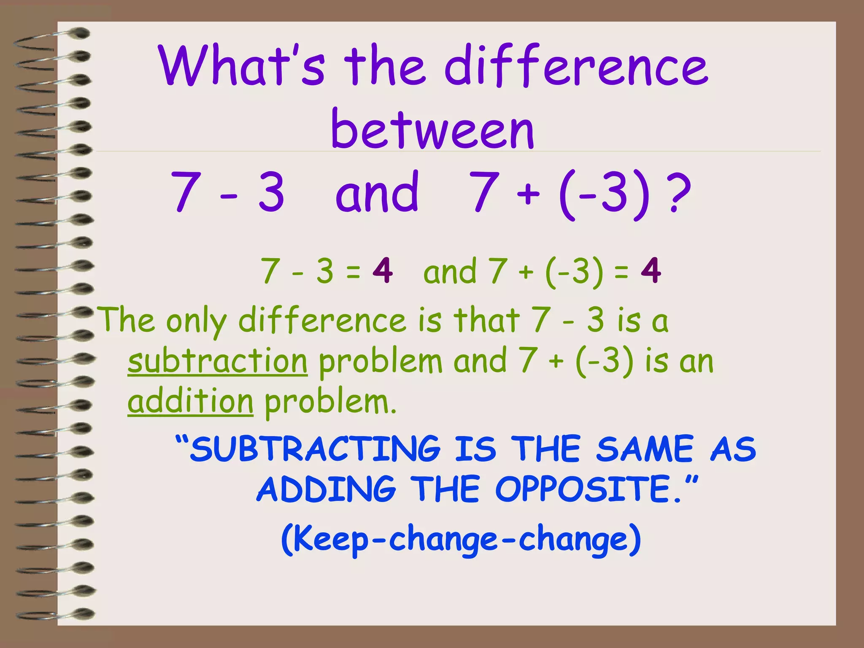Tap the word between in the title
[433, 129]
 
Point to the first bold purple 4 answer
[383, 270]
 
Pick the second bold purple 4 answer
[651, 270]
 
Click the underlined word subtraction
[218, 362]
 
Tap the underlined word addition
[191, 402]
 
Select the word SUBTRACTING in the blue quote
[315, 449]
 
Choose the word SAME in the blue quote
[645, 449]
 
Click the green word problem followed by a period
[331, 403]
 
